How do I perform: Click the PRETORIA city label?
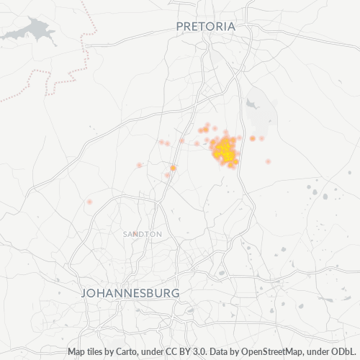[206, 26]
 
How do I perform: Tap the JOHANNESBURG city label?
[130, 293]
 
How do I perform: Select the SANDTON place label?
[142, 235]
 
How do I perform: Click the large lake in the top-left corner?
[29, 30]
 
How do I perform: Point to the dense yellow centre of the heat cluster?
[225, 150]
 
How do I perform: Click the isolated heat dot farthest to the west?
[89, 202]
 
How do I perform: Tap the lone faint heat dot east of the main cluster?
[268, 161]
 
